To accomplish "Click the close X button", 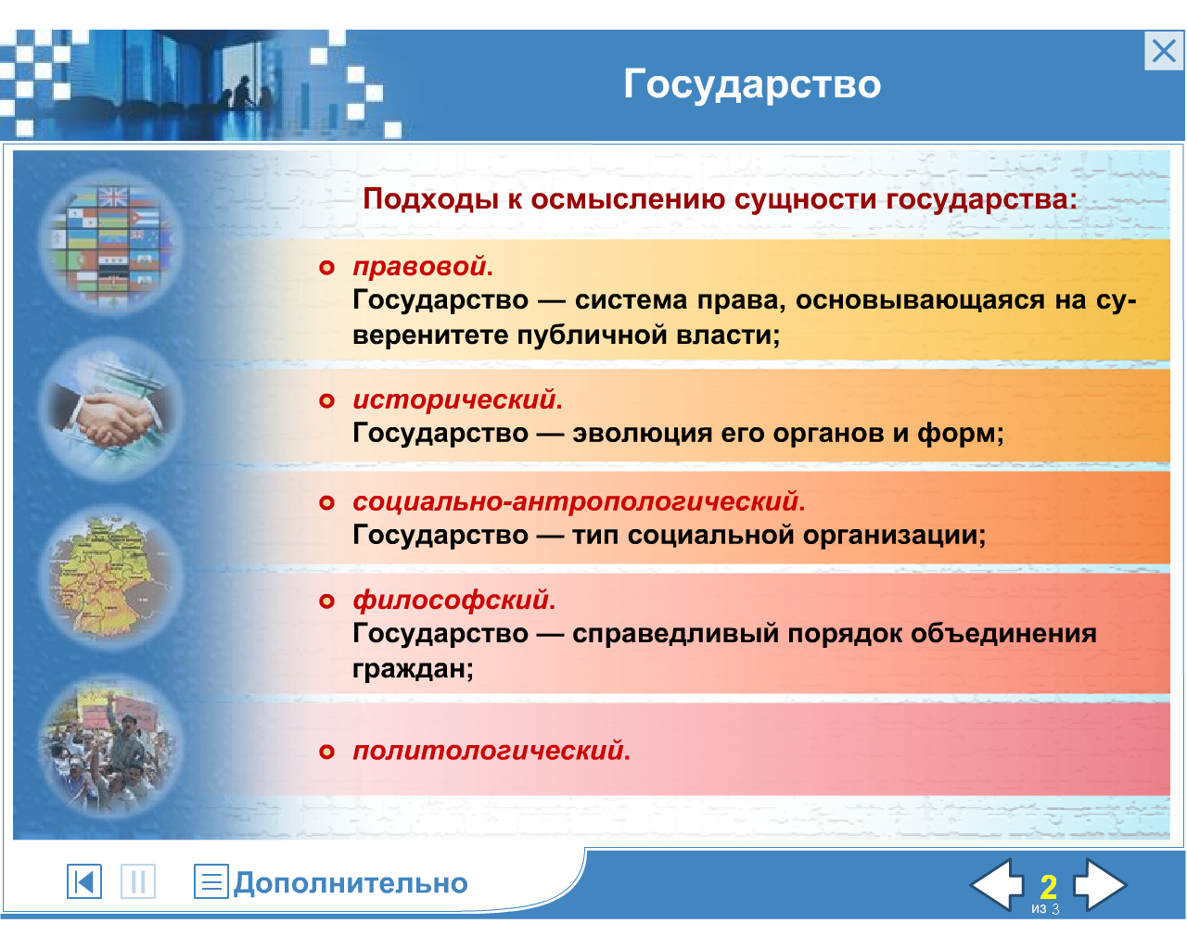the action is click(1163, 51).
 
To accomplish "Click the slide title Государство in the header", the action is click(752, 84).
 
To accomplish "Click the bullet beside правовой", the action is click(326, 268).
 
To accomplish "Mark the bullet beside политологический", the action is click(326, 752).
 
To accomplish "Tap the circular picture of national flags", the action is click(112, 243).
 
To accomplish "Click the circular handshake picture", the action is click(112, 410).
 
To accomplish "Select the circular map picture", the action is click(112, 576).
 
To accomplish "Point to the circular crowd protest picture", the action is click(112, 744).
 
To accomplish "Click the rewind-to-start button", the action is click(84, 881).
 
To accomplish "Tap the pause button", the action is click(138, 881).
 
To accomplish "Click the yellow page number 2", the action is click(1049, 887).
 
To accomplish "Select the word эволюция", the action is click(642, 433).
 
